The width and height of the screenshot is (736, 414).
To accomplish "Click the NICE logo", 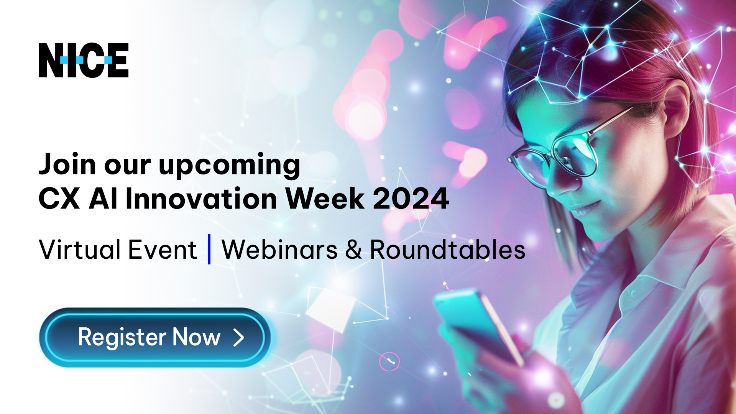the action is tap(84, 60).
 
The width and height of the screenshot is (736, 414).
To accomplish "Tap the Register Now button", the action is tap(155, 337).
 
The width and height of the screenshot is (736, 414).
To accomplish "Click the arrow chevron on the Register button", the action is tap(239, 338).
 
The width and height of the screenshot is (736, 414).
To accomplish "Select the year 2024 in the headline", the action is tap(411, 199).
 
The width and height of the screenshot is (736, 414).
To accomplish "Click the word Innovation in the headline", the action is tap(201, 199).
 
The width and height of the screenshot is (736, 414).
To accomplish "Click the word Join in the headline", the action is tap(67, 164).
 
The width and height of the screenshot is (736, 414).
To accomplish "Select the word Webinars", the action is tap(280, 250).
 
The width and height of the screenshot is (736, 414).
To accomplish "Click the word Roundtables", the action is tap(447, 250).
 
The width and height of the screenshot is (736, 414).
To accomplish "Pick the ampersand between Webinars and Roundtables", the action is tap(353, 250).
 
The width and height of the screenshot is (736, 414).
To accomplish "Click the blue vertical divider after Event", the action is tap(209, 249).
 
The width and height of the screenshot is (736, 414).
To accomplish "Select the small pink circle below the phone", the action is tap(389, 361).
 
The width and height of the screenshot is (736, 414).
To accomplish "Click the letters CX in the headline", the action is tap(59, 199).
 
